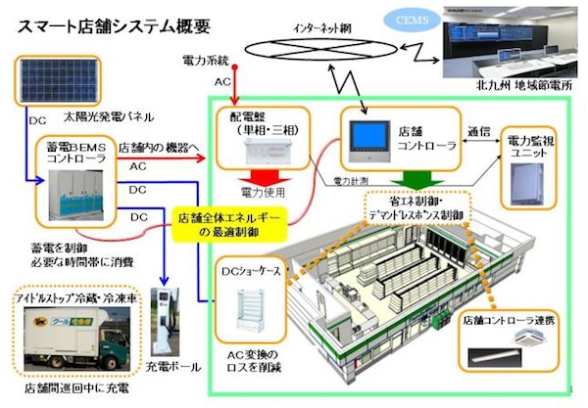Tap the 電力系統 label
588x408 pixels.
coord(208,62)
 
